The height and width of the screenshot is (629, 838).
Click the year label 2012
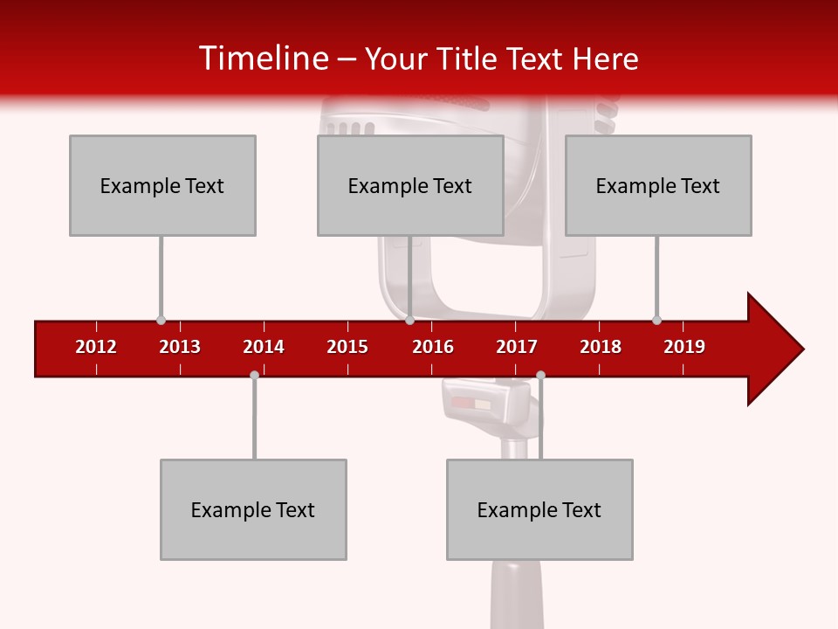[96, 347]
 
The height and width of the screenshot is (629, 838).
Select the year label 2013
[180, 347]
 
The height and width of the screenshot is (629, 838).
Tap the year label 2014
[264, 347]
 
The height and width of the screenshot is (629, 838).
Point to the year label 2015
[347, 347]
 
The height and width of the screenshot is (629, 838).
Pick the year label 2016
[433, 347]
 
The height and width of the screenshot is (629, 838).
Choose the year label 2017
[517, 347]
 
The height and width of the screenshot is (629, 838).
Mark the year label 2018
[601, 347]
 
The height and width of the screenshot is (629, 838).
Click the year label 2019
[684, 347]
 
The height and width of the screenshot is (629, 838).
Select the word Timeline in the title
[263, 59]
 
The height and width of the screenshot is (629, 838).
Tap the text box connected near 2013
[162, 185]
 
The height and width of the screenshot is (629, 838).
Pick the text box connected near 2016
[410, 185]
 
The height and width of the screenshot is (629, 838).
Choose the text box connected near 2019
[658, 185]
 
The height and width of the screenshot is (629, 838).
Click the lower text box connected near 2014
[253, 509]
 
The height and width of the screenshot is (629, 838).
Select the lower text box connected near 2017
[539, 509]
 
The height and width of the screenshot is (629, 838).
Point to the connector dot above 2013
[161, 320]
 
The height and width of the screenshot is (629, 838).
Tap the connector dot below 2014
[254, 375]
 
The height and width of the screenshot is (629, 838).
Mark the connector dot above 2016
[409, 320]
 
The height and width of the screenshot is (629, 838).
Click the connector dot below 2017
[540, 375]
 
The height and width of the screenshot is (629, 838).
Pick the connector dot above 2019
[656, 320]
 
